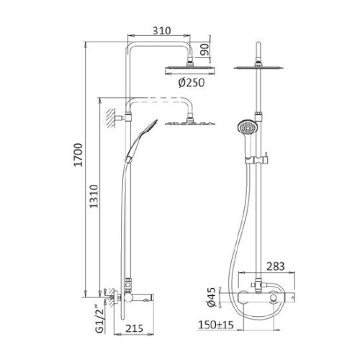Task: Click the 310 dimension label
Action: click(162, 31)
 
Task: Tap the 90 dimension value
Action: click(205, 50)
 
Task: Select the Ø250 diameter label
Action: click(192, 83)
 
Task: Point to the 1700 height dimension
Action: click(78, 155)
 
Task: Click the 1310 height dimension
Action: click(94, 196)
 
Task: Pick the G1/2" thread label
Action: click(100, 319)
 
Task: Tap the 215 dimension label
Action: click(134, 328)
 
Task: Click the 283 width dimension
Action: click(275, 266)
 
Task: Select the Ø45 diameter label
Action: click(212, 297)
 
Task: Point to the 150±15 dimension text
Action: click(216, 325)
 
